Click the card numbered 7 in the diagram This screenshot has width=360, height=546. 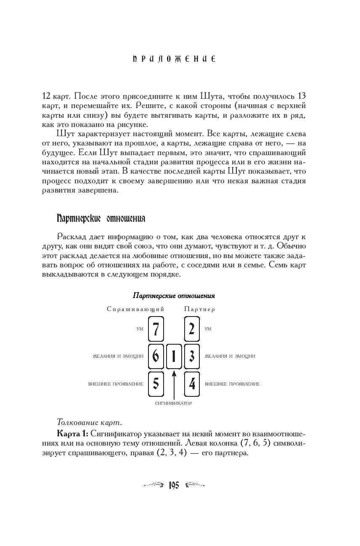click(156, 329)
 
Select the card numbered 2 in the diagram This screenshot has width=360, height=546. click(192, 329)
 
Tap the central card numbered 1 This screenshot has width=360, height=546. click(174, 356)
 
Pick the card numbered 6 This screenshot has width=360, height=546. click(156, 356)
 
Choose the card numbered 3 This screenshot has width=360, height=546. click(192, 356)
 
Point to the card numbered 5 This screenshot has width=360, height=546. click(156, 384)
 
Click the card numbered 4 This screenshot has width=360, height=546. click(192, 384)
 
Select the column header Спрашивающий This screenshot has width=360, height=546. click(135, 309)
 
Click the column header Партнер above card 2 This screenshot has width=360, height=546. click(199, 309)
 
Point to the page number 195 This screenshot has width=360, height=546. click(174, 485)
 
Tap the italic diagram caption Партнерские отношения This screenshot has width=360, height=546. click(174, 295)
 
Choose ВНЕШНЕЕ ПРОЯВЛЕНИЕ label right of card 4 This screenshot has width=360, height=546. click(232, 384)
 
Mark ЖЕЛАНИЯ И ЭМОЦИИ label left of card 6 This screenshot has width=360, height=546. click(118, 356)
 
